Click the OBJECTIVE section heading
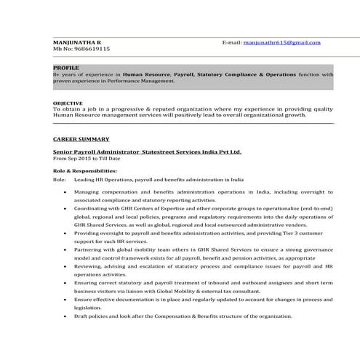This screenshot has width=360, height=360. click(68, 103)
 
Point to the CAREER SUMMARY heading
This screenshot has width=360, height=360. click(81, 138)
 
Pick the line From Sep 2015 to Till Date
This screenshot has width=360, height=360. click(87, 159)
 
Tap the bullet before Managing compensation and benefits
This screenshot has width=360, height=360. click(67, 191)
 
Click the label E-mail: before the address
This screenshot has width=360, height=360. click(232, 43)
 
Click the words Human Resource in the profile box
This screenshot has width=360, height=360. click(145, 74)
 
